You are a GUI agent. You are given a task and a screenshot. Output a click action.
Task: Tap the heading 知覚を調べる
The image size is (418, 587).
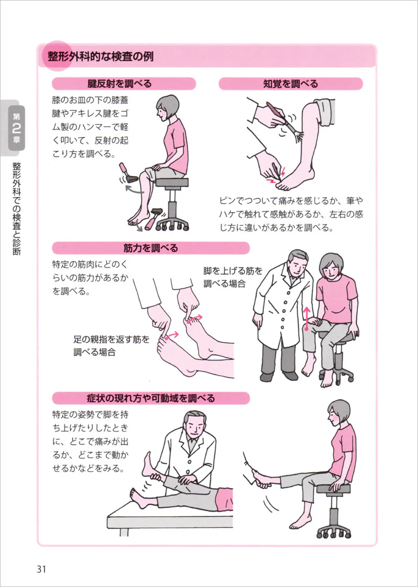tap(291, 84)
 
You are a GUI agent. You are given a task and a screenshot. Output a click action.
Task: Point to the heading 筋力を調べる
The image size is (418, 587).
tap(150, 248)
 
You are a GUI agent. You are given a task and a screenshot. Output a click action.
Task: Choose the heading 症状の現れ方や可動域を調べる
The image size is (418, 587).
tap(150, 398)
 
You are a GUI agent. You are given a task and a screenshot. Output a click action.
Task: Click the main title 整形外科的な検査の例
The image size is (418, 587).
tap(100, 57)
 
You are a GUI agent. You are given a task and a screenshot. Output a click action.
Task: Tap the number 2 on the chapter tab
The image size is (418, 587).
tap(16, 128)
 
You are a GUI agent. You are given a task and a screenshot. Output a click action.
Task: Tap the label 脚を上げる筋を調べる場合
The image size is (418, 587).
tap(233, 277)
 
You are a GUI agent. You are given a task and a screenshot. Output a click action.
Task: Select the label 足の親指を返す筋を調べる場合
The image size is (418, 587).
tap(111, 345)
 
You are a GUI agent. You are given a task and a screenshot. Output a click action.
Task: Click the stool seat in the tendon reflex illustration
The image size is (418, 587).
tap(171, 182)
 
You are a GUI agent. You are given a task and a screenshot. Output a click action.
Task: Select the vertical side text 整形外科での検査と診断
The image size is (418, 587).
tap(16, 208)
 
